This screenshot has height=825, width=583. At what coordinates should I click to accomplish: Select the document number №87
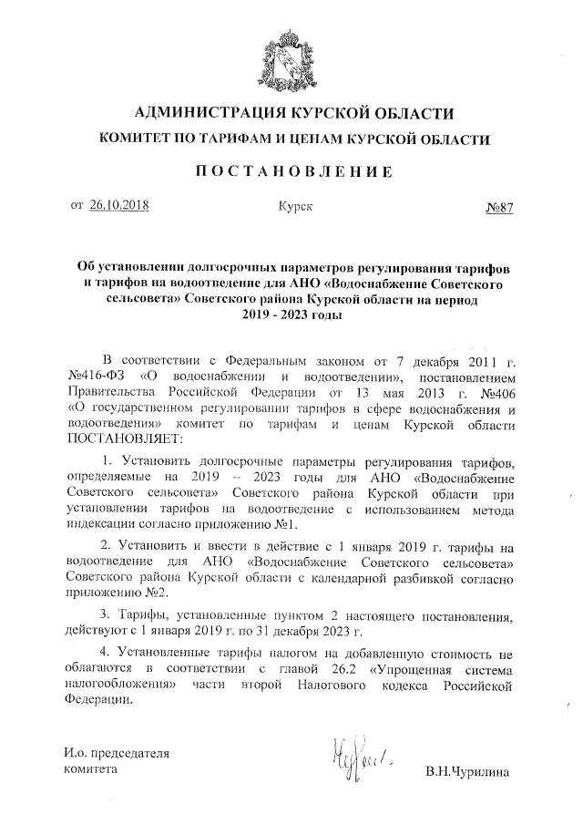(x=499, y=207)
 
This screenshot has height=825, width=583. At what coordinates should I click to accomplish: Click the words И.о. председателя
(x=117, y=754)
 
